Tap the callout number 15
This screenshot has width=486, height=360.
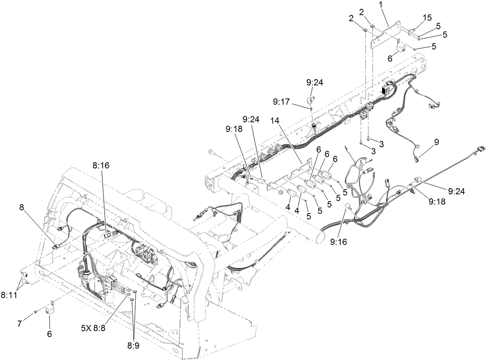point(427,18)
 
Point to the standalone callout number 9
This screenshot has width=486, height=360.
point(437,142)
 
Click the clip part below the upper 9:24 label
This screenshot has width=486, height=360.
point(312,100)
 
